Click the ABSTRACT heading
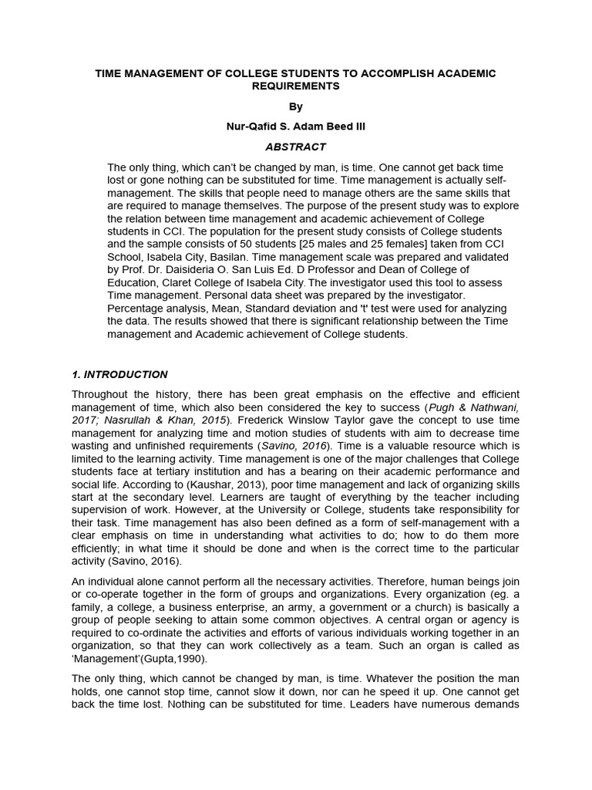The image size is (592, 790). (x=295, y=147)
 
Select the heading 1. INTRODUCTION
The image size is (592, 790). (x=119, y=374)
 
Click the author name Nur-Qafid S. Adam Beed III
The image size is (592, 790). (x=295, y=126)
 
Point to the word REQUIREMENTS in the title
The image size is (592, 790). (x=295, y=86)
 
